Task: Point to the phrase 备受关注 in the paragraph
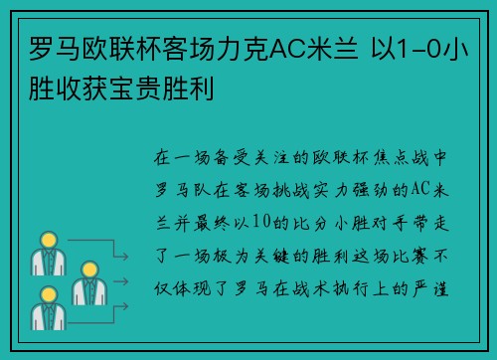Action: [244, 158]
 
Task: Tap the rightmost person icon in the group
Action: [87, 281]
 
